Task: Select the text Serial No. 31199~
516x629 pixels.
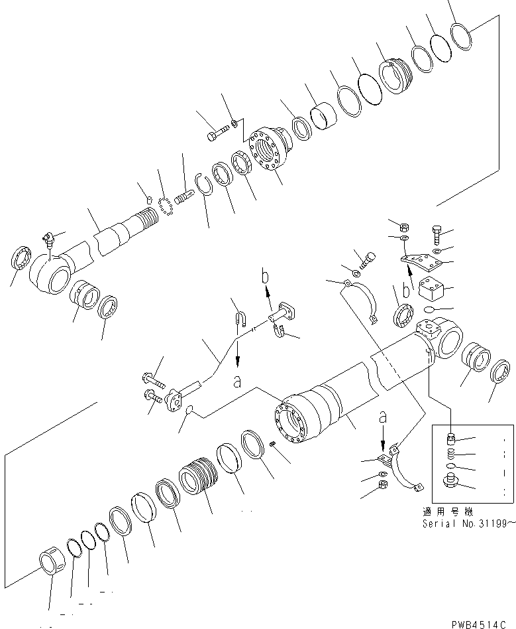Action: [458, 523]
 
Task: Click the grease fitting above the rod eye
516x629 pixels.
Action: [48, 238]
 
